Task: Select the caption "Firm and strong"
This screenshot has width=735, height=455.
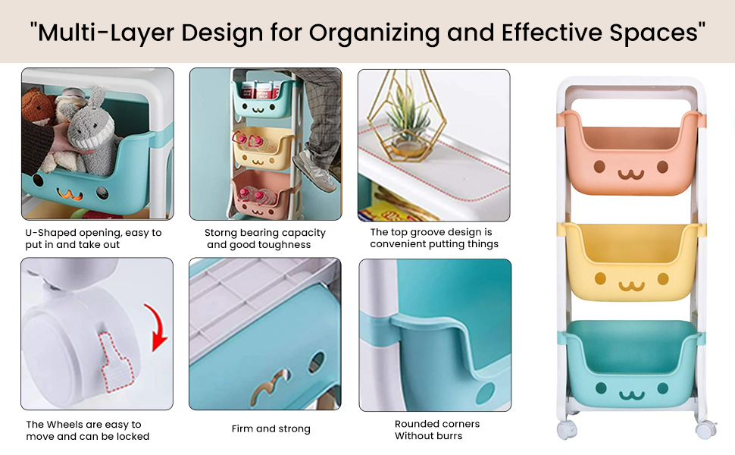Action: (271, 429)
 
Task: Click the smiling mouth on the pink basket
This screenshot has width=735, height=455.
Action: (630, 174)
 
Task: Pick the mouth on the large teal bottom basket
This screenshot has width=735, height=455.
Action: (630, 394)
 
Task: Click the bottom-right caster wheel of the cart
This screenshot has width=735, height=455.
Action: (704, 430)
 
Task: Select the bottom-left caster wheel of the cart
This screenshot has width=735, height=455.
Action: (566, 430)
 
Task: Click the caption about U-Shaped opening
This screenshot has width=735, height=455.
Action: (93, 239)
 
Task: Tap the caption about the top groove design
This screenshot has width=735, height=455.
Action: (433, 238)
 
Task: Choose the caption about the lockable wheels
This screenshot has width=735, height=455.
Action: (87, 431)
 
